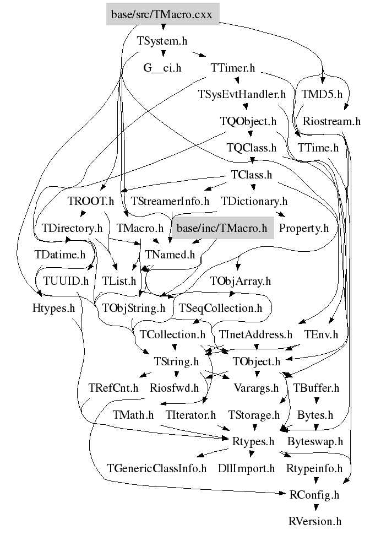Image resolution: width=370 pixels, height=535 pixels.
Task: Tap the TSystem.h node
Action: [x=163, y=40]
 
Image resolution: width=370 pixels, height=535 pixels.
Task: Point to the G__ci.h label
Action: [x=162, y=68]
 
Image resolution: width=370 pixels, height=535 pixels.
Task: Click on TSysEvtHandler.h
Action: [x=242, y=94]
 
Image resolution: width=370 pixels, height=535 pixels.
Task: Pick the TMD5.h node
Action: [x=322, y=94]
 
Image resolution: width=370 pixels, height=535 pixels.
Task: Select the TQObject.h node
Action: [x=248, y=121]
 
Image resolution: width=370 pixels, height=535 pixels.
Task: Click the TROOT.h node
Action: [x=90, y=201]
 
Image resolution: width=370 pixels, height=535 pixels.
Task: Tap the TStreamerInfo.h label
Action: [x=170, y=201]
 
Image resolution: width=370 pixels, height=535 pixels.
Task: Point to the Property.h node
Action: [x=303, y=227]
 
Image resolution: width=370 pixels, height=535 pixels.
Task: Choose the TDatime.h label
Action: [x=60, y=254]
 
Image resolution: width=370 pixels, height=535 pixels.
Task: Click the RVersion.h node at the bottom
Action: [x=315, y=521]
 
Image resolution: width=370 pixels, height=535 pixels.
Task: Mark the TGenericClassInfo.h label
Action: [x=157, y=468]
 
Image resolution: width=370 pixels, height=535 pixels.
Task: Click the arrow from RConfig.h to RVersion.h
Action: [x=315, y=507]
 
